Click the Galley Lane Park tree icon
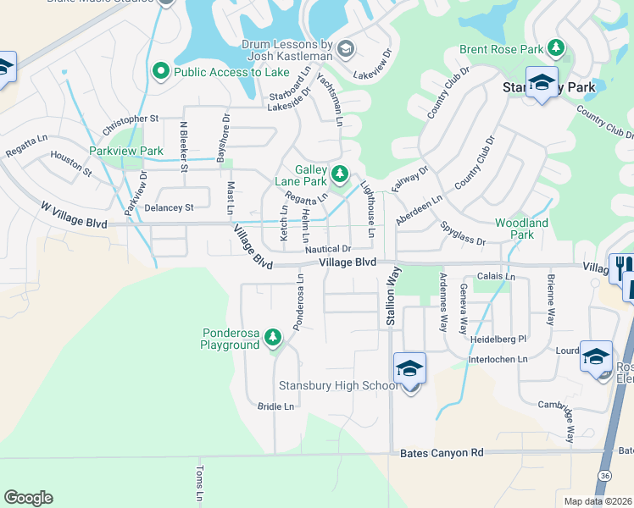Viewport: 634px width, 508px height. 340,174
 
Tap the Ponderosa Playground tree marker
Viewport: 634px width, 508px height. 273,339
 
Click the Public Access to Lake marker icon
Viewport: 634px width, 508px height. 161,72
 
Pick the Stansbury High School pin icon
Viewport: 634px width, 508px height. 409,370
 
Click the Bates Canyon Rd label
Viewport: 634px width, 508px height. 441,453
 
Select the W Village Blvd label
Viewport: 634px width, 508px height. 74,215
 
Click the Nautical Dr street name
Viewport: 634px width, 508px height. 328,249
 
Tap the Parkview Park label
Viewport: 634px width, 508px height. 126,151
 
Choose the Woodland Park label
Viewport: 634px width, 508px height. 521,229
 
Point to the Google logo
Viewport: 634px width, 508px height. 28,498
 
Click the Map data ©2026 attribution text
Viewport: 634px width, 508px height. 598,501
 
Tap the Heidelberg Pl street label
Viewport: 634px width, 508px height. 499,339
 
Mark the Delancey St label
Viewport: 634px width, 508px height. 170,207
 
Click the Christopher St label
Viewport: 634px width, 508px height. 131,125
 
